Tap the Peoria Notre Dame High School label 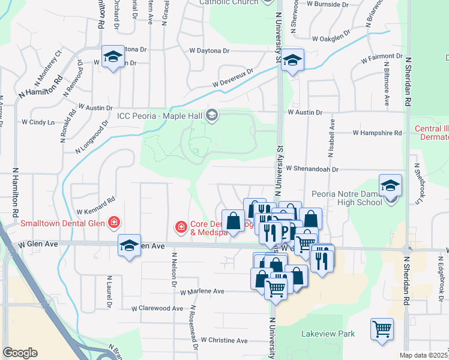click(x=347, y=198)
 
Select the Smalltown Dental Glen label click(x=63, y=224)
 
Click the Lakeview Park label click(x=328, y=334)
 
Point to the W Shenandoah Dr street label click(x=313, y=169)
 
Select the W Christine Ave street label click(x=224, y=340)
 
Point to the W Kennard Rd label click(x=95, y=206)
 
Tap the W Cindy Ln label click(x=38, y=122)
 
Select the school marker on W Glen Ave click(x=129, y=245)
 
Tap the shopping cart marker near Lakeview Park click(x=382, y=329)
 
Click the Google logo click(x=20, y=353)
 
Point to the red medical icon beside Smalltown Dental click(x=113, y=224)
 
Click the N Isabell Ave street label click(x=331, y=137)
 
